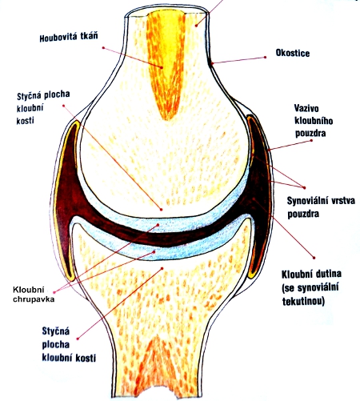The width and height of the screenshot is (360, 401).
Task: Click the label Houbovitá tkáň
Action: click(69, 37)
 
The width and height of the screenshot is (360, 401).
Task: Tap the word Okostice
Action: click(293, 53)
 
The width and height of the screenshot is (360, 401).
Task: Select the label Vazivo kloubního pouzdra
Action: click(314, 121)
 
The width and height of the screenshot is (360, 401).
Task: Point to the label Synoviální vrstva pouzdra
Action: click(321, 207)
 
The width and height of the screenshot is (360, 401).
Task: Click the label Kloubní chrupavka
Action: click(34, 295)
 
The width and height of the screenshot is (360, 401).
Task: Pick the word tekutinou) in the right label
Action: click(303, 301)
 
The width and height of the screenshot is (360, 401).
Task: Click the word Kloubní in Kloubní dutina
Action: click(295, 274)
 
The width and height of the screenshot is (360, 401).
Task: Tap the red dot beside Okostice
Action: click(265, 57)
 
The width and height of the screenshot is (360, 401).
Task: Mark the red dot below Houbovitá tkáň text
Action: click(103, 48)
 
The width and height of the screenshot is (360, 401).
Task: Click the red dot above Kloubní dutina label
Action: click(314, 258)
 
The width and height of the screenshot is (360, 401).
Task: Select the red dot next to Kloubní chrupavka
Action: click(54, 292)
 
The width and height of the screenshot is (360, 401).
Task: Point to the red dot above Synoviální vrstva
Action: click(305, 187)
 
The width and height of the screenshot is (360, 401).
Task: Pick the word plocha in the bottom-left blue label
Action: click(55, 344)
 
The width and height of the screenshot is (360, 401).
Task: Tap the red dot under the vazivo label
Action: click(311, 140)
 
